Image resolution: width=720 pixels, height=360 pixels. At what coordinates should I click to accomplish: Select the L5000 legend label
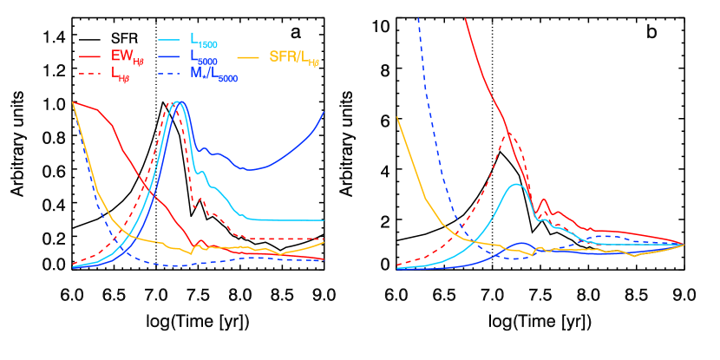[x=205, y=56]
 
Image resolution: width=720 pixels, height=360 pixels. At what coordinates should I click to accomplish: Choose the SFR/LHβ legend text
[x=295, y=57]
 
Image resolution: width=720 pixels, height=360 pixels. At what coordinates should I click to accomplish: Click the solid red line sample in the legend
[x=91, y=56]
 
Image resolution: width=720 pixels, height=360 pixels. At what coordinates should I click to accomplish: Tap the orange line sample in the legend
[x=249, y=56]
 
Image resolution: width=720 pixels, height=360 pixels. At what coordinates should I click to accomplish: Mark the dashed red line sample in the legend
[x=91, y=75]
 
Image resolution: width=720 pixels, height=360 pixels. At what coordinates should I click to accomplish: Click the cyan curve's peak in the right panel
[x=517, y=184]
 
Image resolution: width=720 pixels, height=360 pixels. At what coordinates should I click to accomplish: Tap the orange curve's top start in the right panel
[x=397, y=117]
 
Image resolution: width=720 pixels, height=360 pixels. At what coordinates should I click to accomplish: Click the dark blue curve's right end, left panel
[x=324, y=111]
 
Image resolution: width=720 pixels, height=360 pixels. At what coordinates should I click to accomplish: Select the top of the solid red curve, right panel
[x=466, y=18]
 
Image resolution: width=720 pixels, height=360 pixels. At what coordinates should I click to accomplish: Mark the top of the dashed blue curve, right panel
[x=419, y=18]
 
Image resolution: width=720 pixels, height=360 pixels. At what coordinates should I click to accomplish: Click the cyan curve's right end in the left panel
[x=324, y=220]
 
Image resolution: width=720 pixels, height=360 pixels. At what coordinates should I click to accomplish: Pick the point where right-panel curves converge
[x=684, y=245]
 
